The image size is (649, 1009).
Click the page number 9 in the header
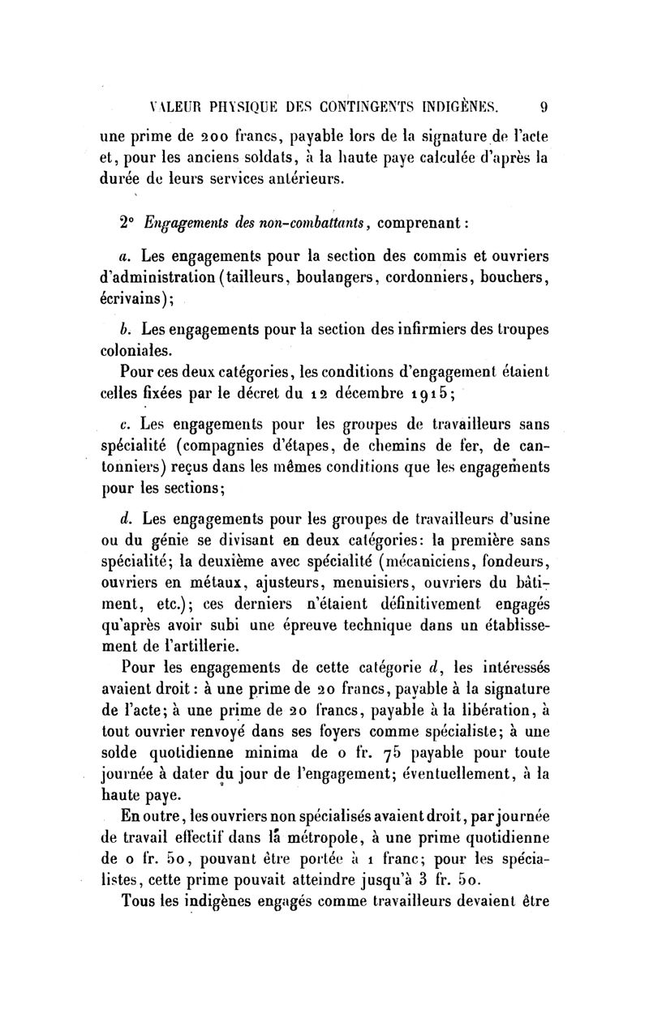[x=544, y=105]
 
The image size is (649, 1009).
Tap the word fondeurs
[x=517, y=562]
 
